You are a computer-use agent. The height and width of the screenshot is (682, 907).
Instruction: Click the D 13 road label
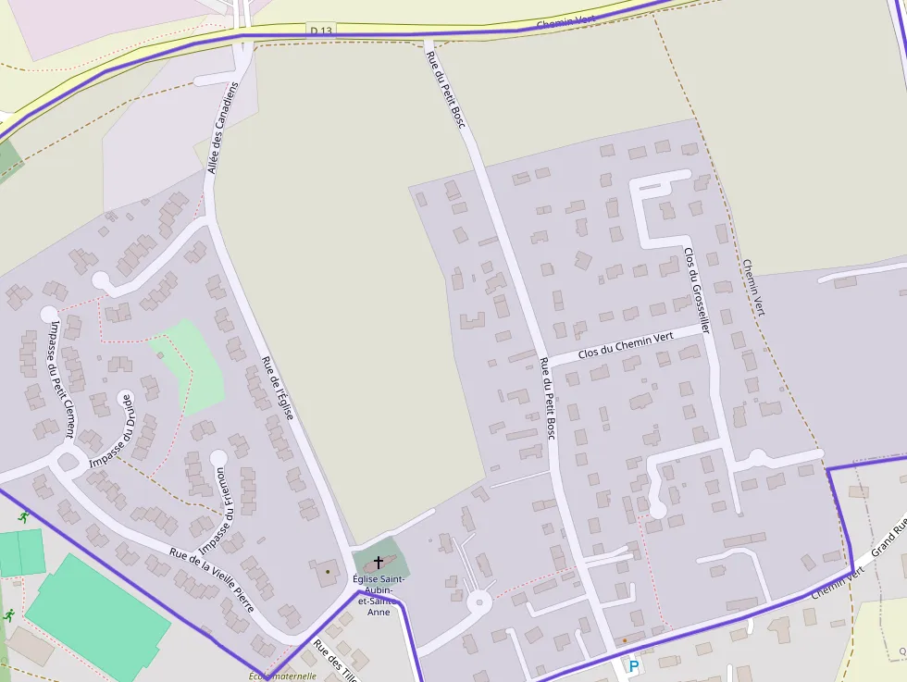pos(321,31)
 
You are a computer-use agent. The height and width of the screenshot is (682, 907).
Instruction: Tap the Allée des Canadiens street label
pos(223,128)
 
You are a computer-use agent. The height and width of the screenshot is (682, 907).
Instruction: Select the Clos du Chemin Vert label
pos(625,346)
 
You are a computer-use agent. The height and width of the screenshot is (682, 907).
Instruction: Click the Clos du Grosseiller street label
pos(696,289)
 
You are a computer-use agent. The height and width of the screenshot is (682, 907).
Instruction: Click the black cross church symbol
pos(378,562)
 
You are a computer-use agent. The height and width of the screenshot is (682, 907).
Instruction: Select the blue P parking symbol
pos(634,666)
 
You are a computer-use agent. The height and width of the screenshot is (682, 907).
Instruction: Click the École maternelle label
pos(283,676)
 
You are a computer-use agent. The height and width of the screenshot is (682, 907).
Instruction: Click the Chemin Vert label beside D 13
pos(565,21)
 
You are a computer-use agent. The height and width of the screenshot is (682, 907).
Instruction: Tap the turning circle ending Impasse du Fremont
pos(218,457)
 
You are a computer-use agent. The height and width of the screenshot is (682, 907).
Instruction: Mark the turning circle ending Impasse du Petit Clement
pos(49,314)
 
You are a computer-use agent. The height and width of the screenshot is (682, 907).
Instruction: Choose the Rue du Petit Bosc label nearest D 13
pos(444,88)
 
